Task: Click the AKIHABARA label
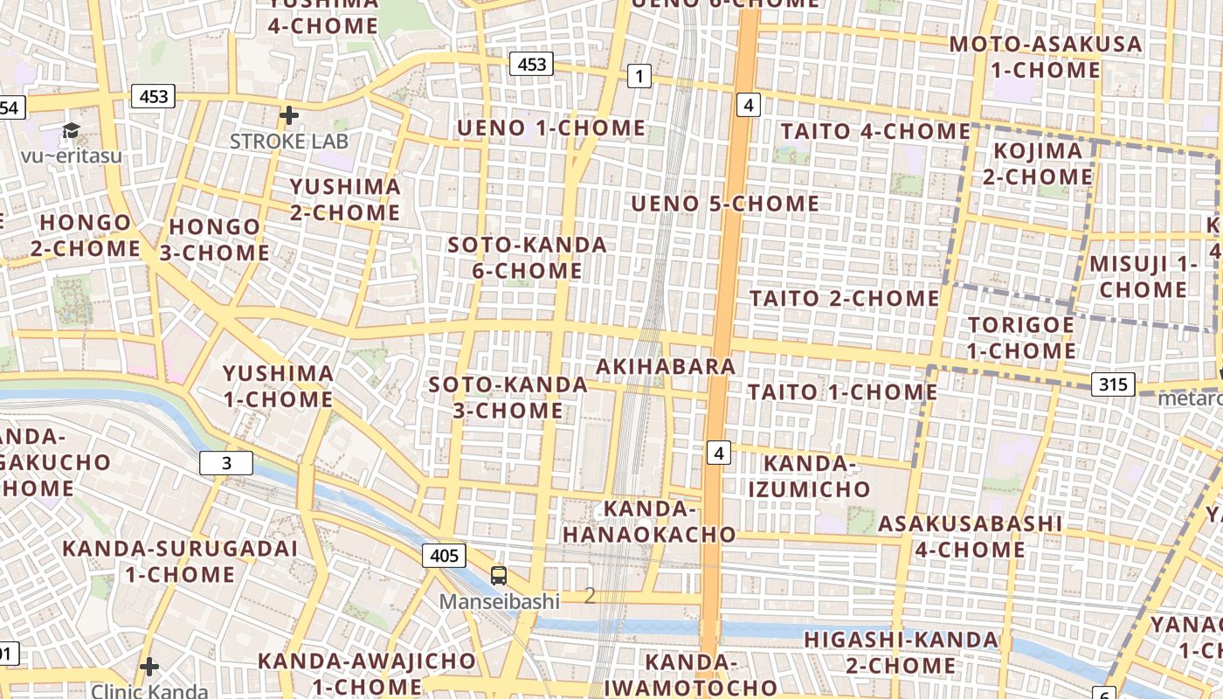coord(666,366)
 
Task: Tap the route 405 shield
coord(444,555)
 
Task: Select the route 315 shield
coord(1112,384)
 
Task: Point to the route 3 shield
coord(226,463)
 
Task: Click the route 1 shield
coord(639,77)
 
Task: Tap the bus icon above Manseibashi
coord(499,576)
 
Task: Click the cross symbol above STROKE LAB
coord(289,114)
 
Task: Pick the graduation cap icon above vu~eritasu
coord(71,131)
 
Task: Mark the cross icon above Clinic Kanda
coord(149,667)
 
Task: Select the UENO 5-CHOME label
coord(725,204)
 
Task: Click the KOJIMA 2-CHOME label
coord(1038,163)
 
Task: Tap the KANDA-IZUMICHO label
coord(809,475)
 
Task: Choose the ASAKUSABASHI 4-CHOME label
coord(970,536)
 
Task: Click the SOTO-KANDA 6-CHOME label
coord(527,258)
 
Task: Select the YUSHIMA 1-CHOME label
coord(278,386)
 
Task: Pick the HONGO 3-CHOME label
coord(214,239)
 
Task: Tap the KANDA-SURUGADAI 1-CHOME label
coord(180,561)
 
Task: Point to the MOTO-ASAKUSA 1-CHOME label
coord(1046,57)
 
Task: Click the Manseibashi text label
coord(499,601)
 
